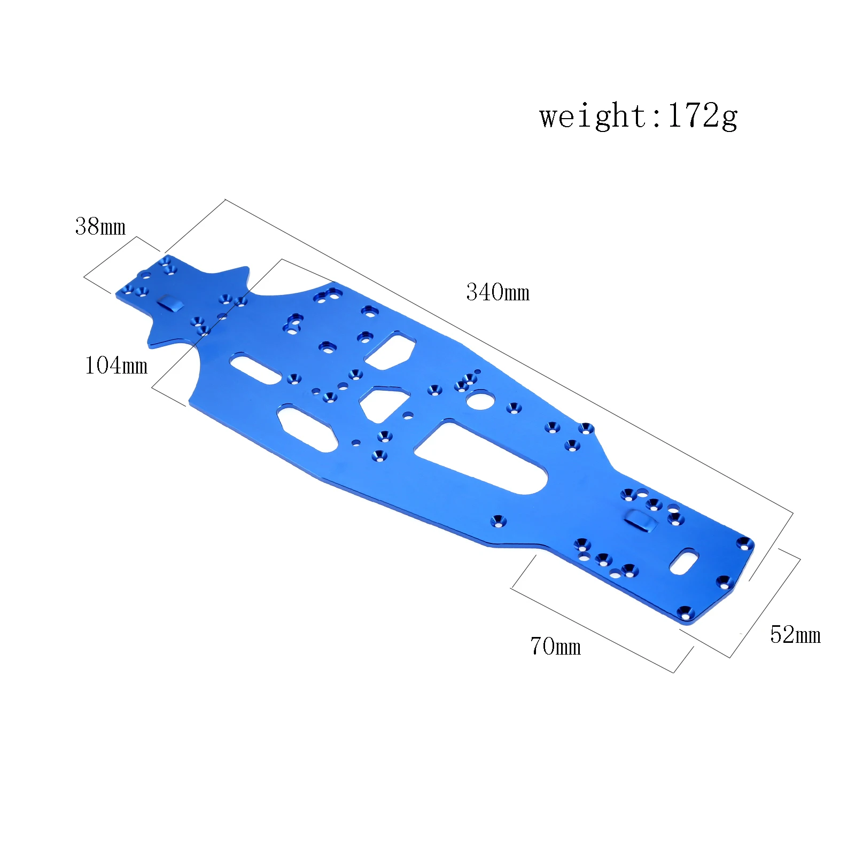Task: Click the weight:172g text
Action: (x=638, y=116)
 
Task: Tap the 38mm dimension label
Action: (x=100, y=227)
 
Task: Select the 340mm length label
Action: (x=498, y=292)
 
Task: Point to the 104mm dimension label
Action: (x=116, y=366)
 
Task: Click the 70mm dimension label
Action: (x=555, y=646)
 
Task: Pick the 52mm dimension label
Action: (x=795, y=635)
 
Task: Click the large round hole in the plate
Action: (x=479, y=399)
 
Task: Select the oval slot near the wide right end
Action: (x=684, y=562)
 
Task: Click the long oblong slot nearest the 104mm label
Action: (x=256, y=368)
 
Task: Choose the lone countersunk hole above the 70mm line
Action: (x=499, y=521)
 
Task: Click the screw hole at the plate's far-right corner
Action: (x=743, y=544)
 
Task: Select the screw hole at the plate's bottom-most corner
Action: (x=684, y=612)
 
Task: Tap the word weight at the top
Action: (x=593, y=116)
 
